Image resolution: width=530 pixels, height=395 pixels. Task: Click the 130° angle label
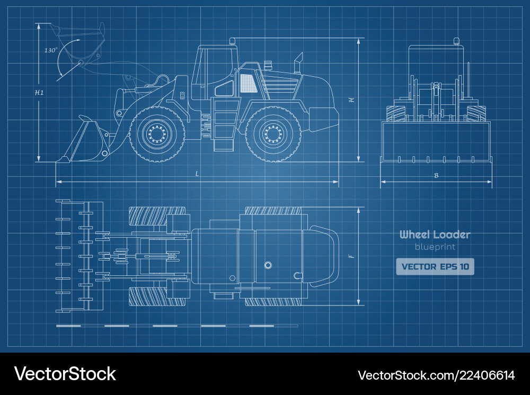[x=51, y=50]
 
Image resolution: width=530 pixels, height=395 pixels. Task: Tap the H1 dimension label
[x=39, y=92]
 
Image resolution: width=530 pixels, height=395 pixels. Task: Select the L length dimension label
[x=197, y=174]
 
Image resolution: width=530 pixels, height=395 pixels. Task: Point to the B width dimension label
[x=436, y=175]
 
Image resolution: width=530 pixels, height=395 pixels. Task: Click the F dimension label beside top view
[x=351, y=257]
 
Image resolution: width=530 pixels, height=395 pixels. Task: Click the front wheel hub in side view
[x=157, y=134]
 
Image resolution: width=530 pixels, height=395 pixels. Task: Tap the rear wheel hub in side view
[x=273, y=134]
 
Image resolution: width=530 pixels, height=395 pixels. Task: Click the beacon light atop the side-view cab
[x=232, y=41]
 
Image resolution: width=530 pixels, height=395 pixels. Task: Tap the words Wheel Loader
[x=435, y=235]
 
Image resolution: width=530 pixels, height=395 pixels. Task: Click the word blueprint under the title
[x=435, y=247]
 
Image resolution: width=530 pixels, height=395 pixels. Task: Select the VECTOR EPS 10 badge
[x=435, y=266]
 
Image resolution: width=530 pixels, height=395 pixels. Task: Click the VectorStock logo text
[x=65, y=374]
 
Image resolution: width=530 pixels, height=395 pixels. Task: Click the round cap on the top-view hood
[x=268, y=265]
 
